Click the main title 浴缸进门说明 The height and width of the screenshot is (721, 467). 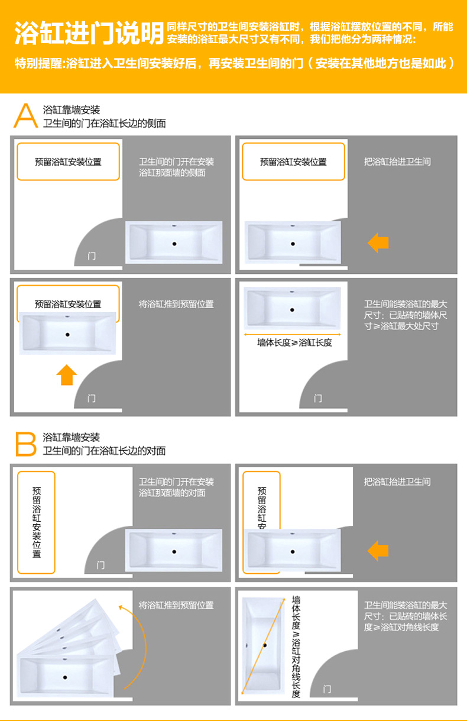[x=89, y=33]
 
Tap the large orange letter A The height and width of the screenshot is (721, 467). [x=26, y=115]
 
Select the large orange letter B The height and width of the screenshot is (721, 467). [x=26, y=444]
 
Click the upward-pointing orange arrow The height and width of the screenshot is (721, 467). [x=67, y=375]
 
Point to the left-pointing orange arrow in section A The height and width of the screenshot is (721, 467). [x=378, y=243]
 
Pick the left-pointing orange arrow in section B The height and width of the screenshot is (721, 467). [x=378, y=551]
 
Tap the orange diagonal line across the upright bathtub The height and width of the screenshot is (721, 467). [x=263, y=646]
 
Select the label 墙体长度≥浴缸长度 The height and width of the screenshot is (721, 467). [x=294, y=343]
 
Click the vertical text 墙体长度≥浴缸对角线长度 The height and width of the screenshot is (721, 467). [x=296, y=646]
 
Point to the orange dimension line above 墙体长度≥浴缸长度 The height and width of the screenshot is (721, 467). [x=293, y=334]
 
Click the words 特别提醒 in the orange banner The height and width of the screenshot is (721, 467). [x=38, y=63]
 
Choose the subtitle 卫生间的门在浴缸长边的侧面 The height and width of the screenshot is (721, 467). [x=105, y=123]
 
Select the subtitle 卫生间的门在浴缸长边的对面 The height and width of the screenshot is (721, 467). [x=105, y=451]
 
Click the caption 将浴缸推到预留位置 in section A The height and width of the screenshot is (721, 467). [x=176, y=304]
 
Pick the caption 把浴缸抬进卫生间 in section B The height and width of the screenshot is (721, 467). [x=397, y=482]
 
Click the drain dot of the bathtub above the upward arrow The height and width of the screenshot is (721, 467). [x=67, y=335]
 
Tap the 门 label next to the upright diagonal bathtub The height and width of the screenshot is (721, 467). [x=327, y=689]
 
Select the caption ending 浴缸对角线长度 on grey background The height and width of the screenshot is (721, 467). [x=406, y=616]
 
